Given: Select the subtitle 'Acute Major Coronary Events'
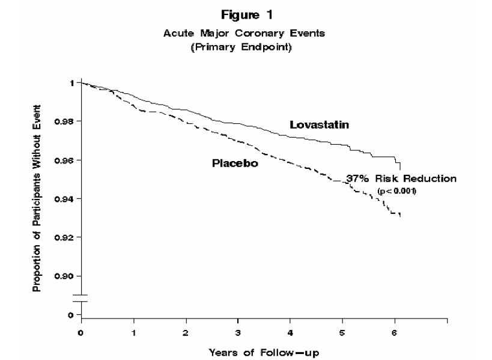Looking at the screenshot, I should [x=244, y=34].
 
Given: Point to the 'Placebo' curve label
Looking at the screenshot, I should [x=235, y=163].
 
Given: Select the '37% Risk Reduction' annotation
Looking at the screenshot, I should [x=401, y=179].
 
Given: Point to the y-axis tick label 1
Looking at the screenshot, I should [x=70, y=83].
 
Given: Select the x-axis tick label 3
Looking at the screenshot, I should [x=238, y=332].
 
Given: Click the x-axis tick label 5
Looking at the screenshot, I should [x=342, y=332].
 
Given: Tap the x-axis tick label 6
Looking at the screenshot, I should [x=395, y=332].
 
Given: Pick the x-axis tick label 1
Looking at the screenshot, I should [x=133, y=332].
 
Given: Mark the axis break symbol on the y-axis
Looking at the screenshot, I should [x=81, y=298].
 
